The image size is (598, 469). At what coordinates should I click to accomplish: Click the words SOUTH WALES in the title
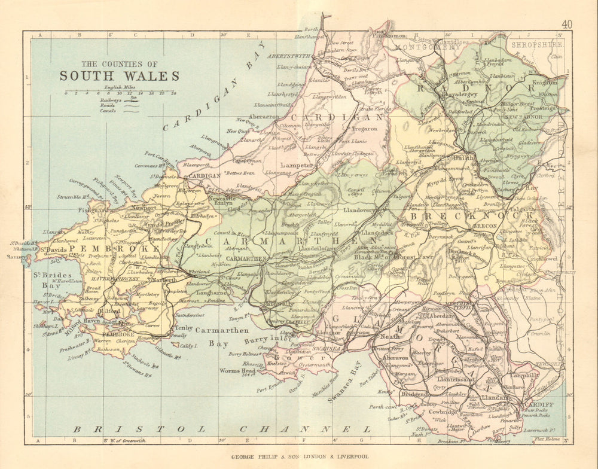point(118,76)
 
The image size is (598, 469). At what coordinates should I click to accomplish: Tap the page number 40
point(567,24)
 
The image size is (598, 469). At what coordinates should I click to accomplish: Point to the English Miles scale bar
point(120,93)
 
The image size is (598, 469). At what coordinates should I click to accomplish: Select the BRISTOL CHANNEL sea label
point(221,429)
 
